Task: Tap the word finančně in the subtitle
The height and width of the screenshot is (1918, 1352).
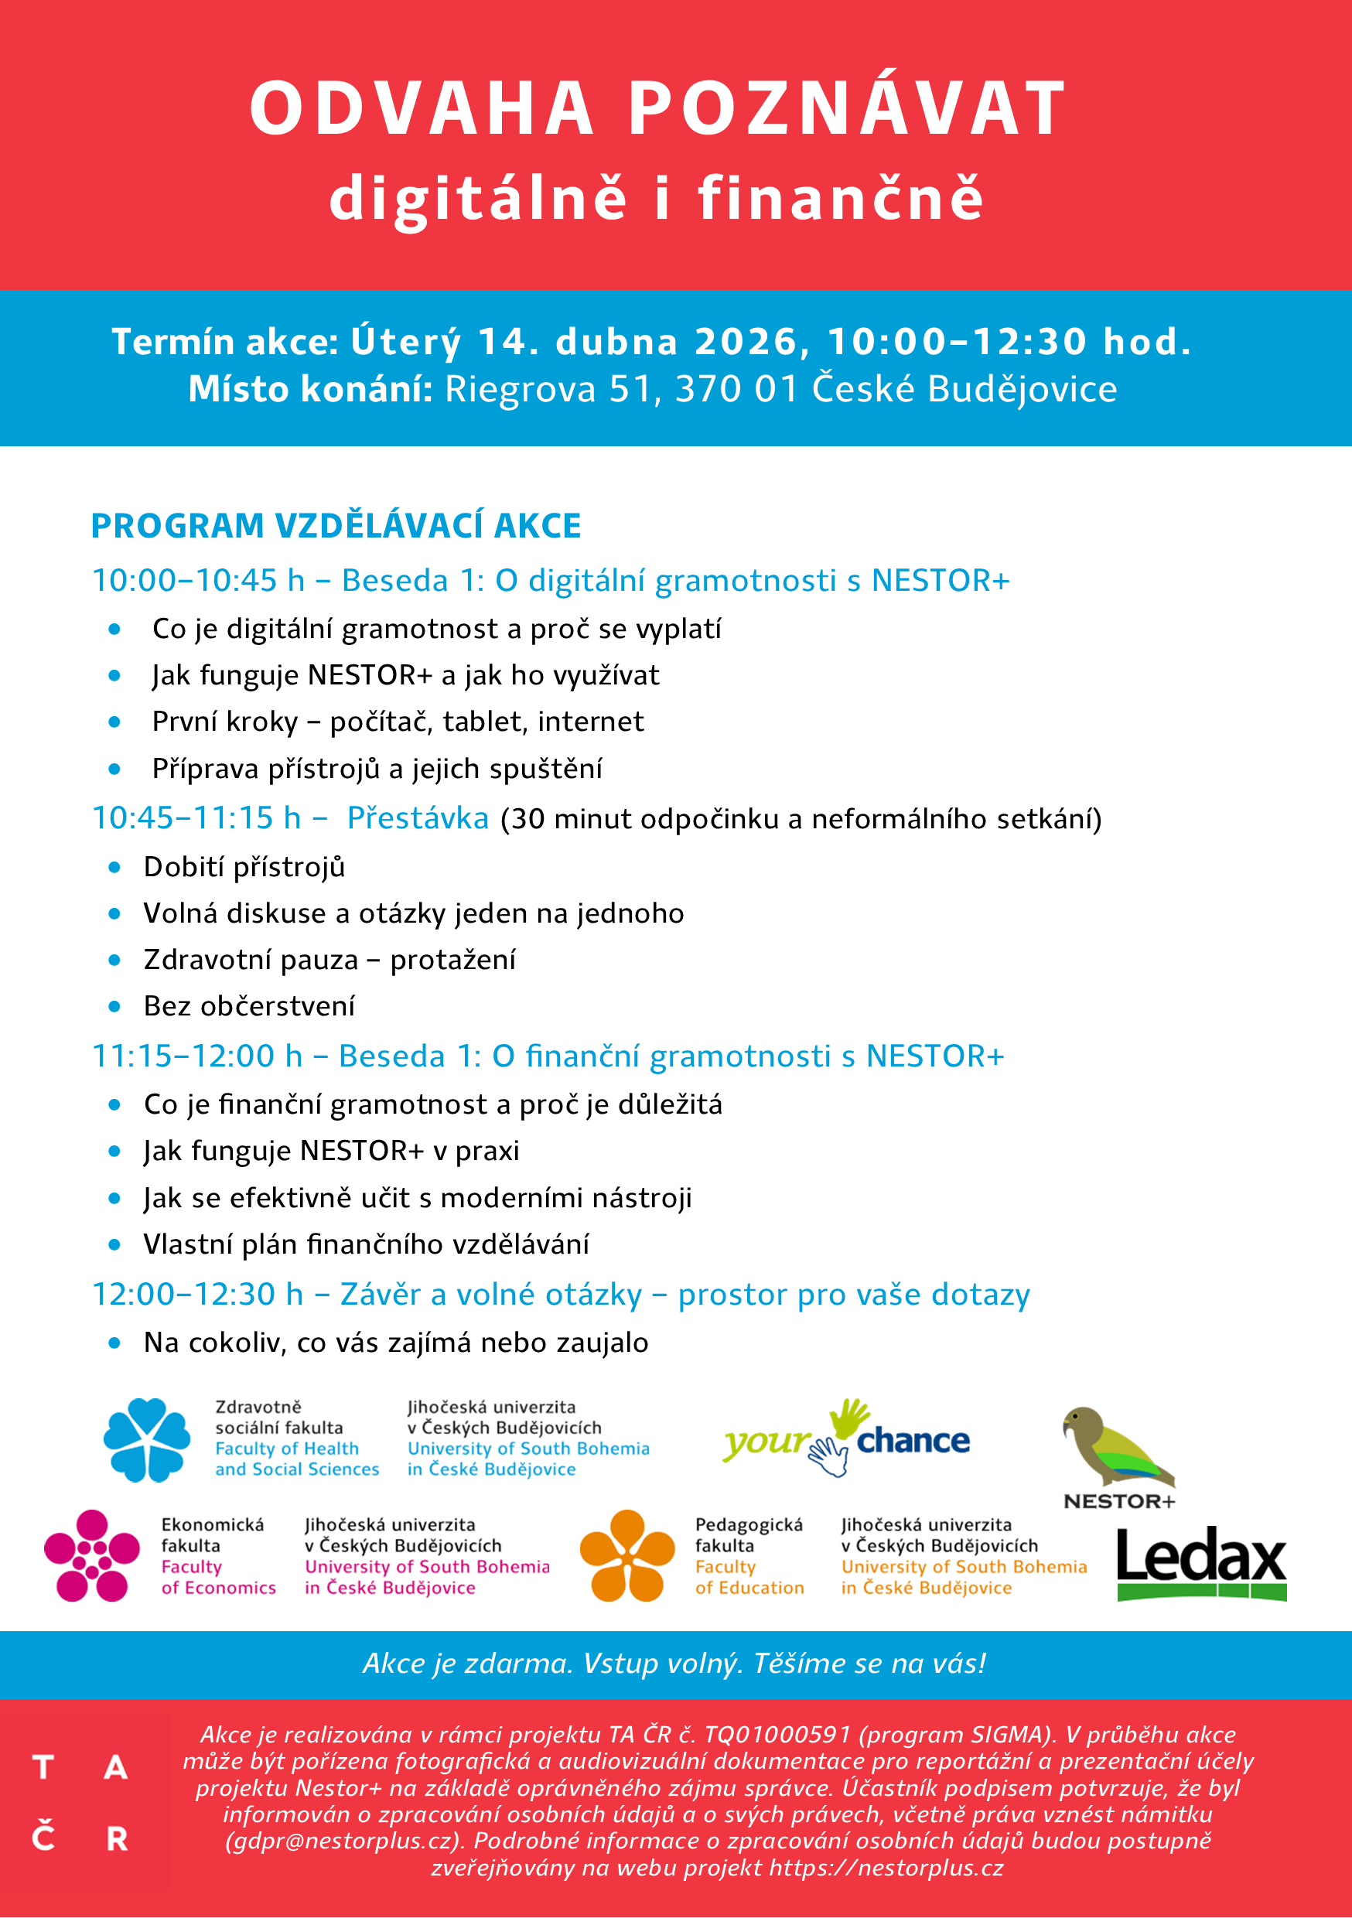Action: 841,198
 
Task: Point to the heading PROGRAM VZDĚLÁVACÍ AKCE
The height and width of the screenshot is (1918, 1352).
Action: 336,525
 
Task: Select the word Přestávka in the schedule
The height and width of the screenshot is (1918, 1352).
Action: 418,817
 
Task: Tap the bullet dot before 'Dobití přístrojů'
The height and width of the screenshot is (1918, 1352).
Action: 114,867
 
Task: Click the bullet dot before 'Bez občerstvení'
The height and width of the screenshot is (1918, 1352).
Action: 114,1007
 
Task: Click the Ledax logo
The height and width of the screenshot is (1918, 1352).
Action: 1200,1563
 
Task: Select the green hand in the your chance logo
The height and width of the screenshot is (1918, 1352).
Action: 849,1418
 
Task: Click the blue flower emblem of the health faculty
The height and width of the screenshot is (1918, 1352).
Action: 147,1439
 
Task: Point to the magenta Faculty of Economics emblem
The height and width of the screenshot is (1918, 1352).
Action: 91,1555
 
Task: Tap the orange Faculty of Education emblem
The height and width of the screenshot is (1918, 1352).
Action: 626,1555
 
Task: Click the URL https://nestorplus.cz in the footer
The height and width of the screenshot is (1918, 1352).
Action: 886,1868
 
